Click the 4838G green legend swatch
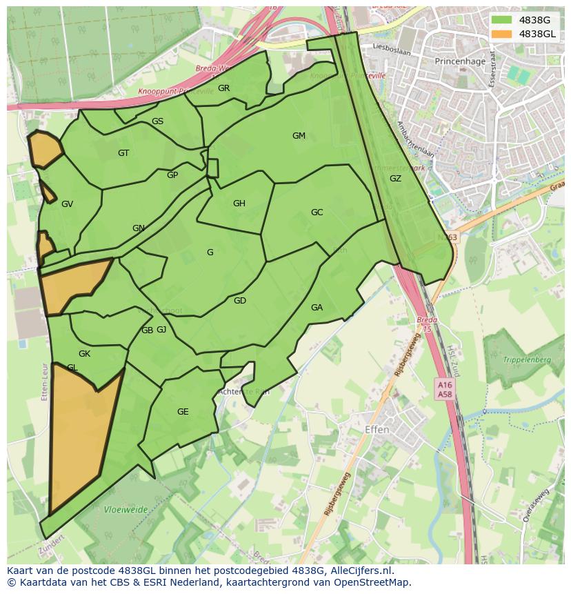coord(503,21)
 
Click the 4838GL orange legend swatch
coord(503,34)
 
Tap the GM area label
coord(299,136)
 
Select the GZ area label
coord(395,179)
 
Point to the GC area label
coord(317,212)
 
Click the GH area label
coord(239,204)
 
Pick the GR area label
coord(223,88)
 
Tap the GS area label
coord(157,121)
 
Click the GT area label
coord(123,153)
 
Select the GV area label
coord(67,204)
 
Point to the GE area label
coord(183,412)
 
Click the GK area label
coord(84,354)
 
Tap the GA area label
coord(317,308)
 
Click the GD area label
coord(239,301)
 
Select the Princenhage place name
coord(460,61)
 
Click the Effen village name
coord(377,430)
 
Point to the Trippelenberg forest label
coord(527,360)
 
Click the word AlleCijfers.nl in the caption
coord(360,571)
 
